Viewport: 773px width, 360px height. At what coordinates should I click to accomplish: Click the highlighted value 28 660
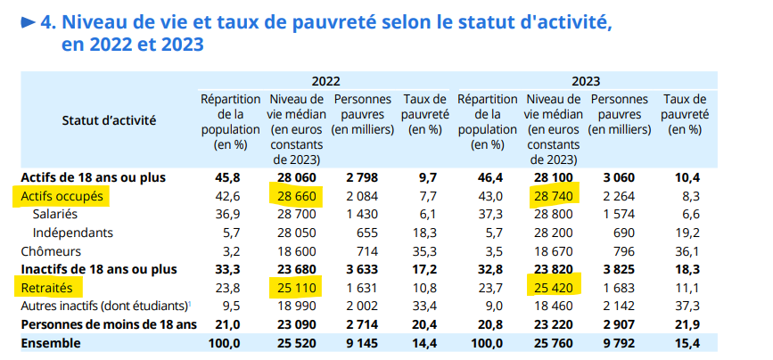coord(294,195)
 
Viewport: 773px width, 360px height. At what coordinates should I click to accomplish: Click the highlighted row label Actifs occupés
coord(62,195)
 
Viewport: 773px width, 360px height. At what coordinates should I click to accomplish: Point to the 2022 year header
coord(325,80)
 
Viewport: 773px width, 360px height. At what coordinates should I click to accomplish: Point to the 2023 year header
coord(584,80)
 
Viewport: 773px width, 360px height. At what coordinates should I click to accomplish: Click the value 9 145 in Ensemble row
coord(361,342)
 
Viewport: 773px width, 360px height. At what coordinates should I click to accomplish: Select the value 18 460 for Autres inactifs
coord(554,306)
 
